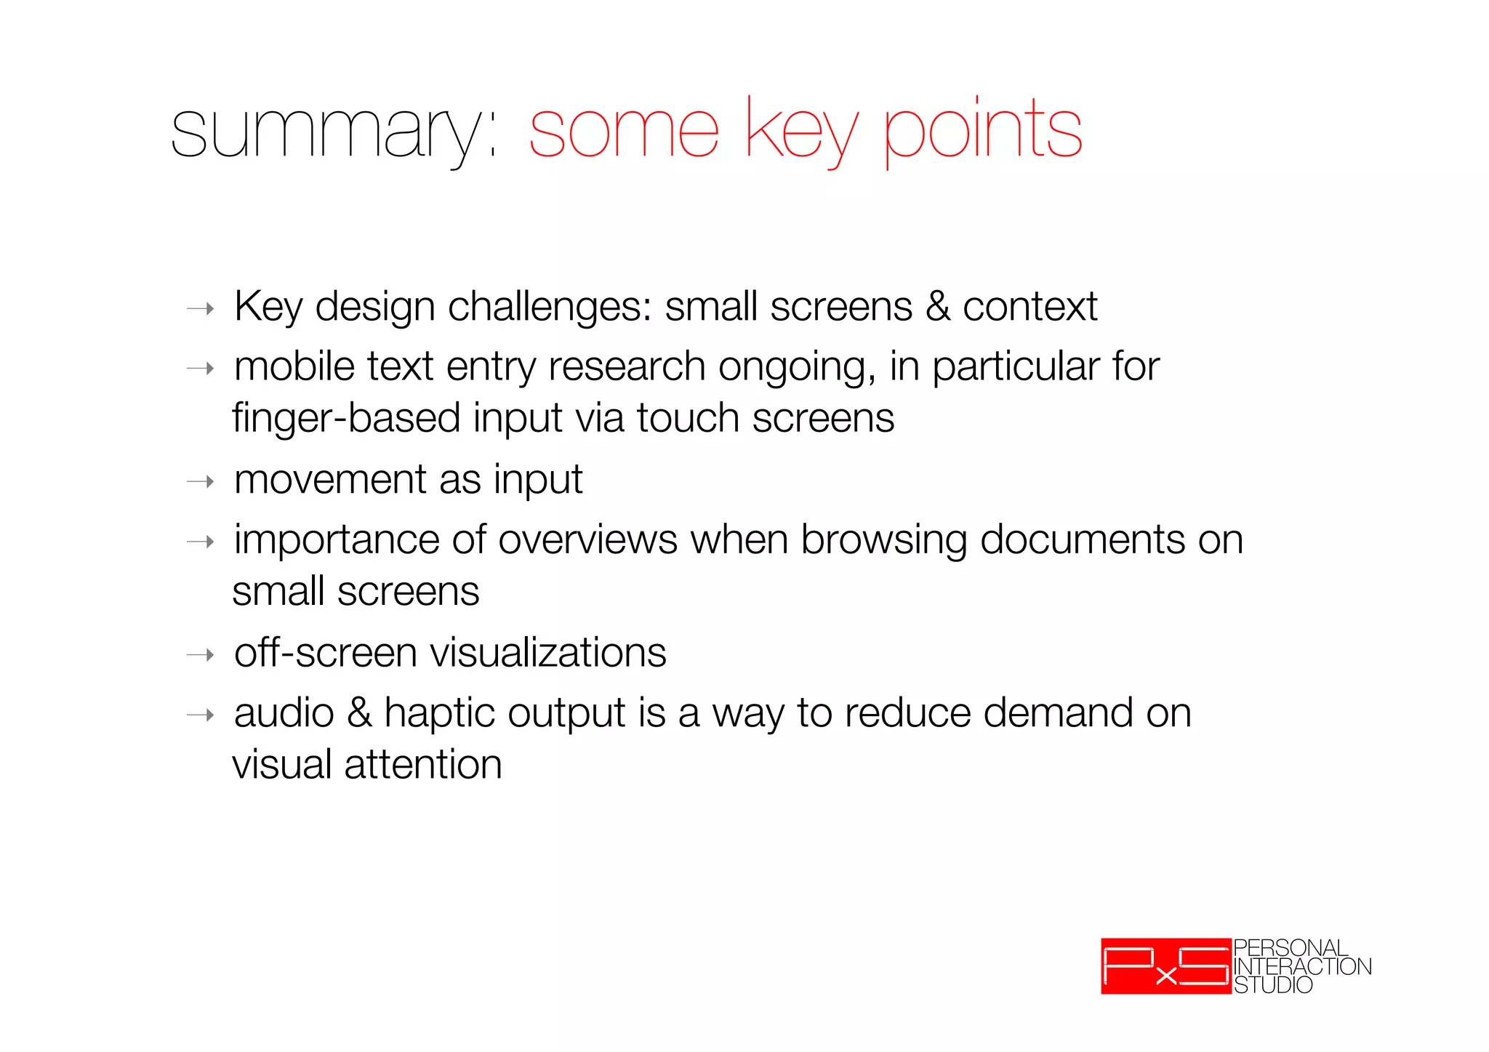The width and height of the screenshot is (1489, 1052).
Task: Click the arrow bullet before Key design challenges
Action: pyautogui.click(x=201, y=309)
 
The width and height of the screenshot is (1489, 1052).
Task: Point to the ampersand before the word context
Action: pyautogui.click(x=938, y=306)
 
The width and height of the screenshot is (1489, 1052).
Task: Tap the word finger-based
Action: pyautogui.click(x=346, y=419)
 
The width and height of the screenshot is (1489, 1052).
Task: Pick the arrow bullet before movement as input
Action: pyautogui.click(x=201, y=482)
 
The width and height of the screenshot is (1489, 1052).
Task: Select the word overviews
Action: pyautogui.click(x=587, y=540)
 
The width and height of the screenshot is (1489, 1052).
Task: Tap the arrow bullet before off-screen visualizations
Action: pyautogui.click(x=201, y=656)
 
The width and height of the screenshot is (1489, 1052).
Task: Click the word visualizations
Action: pyautogui.click(x=548, y=652)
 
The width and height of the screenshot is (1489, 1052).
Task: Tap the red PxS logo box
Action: pyautogui.click(x=1165, y=966)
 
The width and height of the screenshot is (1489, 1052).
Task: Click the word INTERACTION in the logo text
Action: pyautogui.click(x=1302, y=967)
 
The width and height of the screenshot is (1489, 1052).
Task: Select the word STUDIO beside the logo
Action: pyautogui.click(x=1273, y=986)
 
